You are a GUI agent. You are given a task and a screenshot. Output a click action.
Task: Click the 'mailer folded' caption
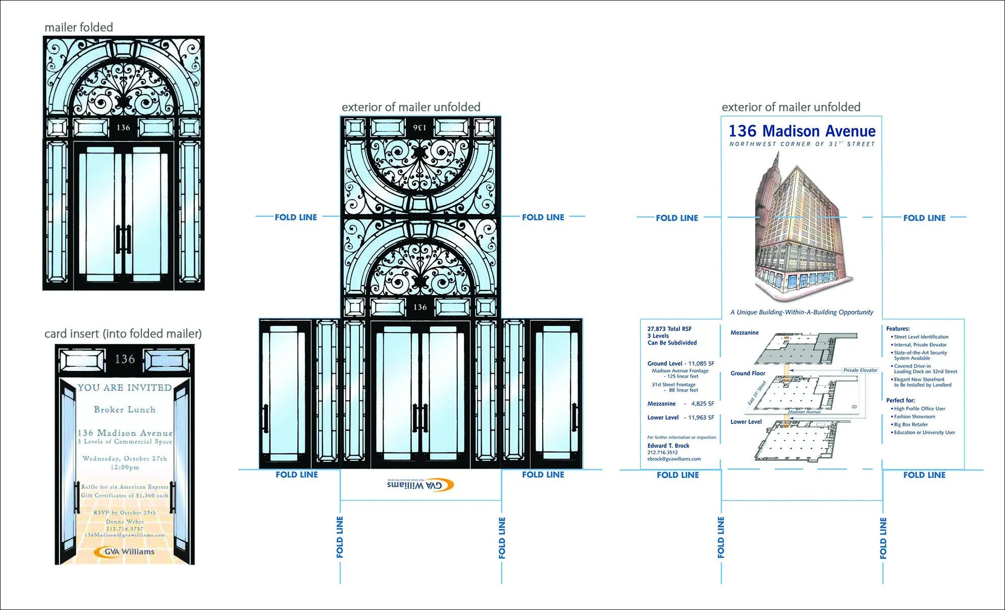tap(79, 27)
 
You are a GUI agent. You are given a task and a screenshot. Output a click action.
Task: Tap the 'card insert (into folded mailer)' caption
tap(123, 334)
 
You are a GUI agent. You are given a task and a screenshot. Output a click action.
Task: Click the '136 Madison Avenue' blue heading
tap(802, 131)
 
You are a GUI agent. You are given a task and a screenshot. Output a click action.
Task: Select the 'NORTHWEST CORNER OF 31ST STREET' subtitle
tap(802, 144)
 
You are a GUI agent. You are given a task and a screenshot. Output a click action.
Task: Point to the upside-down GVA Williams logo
tap(420, 485)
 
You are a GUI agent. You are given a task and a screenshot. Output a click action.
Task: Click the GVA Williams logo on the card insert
tap(124, 551)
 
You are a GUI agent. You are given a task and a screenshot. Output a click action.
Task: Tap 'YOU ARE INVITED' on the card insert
tap(125, 387)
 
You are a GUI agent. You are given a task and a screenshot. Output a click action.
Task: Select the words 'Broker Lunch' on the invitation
tap(125, 410)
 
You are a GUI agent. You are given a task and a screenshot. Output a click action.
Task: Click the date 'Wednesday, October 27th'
tap(125, 459)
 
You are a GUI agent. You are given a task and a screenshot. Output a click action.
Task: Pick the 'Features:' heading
tap(897, 328)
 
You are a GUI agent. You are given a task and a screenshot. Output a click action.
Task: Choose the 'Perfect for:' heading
tap(900, 400)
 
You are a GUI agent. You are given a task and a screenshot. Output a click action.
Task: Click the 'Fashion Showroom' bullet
tap(914, 417)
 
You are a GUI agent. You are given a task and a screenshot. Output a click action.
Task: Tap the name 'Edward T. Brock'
tap(668, 446)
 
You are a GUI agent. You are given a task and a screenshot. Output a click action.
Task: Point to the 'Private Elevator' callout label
tap(860, 370)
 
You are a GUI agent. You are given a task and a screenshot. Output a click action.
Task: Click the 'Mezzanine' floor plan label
tap(744, 332)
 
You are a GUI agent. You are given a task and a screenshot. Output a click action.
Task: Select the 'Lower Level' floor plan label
tap(746, 422)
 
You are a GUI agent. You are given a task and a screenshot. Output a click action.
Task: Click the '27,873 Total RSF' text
tap(669, 329)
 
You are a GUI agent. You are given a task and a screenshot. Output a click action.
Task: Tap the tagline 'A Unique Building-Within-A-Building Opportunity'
tap(802, 312)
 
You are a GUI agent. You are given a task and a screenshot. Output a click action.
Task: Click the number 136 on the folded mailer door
tap(123, 128)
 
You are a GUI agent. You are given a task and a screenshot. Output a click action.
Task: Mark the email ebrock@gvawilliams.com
tap(674, 459)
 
